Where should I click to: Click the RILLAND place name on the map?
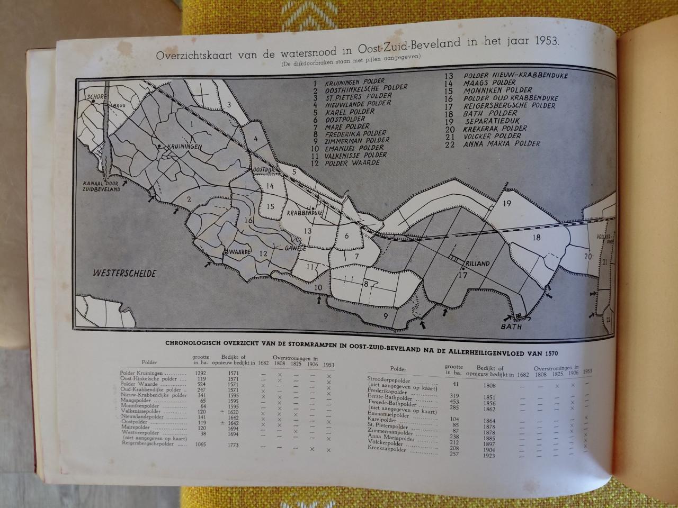pos(478,263)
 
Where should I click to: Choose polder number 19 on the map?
pos(506,204)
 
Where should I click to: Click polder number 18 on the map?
pos(536,238)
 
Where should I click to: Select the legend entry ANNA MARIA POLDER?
pos(501,143)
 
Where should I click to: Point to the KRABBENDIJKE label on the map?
pos(305,212)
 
